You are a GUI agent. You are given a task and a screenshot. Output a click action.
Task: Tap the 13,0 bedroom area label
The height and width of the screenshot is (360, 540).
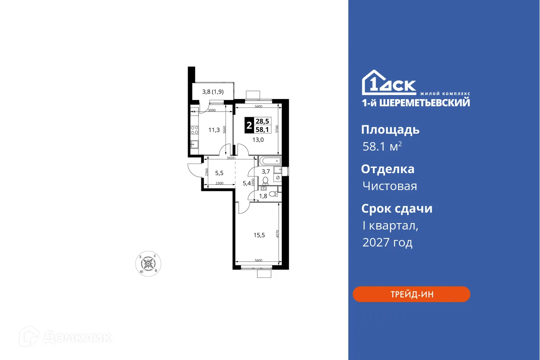point(258,140)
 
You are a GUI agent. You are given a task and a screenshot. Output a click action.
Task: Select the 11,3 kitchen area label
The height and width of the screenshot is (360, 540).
point(214,130)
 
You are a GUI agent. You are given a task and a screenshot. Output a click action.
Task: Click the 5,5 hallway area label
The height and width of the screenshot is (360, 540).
point(219,174)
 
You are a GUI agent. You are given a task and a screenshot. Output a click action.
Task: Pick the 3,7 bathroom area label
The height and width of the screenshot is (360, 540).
point(266,171)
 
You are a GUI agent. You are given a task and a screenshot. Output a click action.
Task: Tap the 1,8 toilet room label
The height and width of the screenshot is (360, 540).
point(263,196)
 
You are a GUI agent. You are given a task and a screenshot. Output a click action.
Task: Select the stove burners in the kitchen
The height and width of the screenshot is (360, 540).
point(194,130)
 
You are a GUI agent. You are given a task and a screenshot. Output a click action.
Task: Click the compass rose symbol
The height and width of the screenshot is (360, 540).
point(149,264)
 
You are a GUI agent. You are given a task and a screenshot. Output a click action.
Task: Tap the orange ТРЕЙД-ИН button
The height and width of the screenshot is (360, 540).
point(412,294)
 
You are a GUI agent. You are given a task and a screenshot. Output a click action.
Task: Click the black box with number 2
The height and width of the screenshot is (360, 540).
point(249,125)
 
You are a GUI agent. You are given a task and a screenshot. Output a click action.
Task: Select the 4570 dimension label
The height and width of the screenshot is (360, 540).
point(278,235)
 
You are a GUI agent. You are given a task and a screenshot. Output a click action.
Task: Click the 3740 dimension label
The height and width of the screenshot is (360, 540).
point(278,129)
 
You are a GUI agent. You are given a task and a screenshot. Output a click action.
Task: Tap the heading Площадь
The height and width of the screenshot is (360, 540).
point(390,130)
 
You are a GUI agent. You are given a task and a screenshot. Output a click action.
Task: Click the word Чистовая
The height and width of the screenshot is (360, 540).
point(389,186)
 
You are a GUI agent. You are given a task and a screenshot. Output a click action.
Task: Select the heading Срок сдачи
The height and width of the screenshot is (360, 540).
point(397,209)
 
